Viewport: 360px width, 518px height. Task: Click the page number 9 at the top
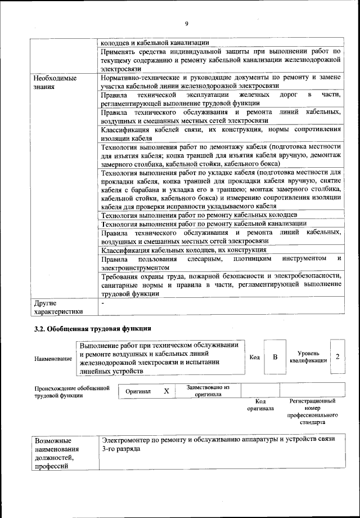tap(187, 23)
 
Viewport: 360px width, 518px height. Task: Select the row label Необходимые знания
tap(55, 83)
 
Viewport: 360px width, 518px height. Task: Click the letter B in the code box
tap(275, 357)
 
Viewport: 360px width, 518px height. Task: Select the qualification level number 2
tap(337, 357)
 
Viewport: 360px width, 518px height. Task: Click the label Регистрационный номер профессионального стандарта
tap(312, 411)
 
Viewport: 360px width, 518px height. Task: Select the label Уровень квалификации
tap(308, 357)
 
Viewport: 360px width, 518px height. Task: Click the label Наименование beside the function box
tap(53, 359)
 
